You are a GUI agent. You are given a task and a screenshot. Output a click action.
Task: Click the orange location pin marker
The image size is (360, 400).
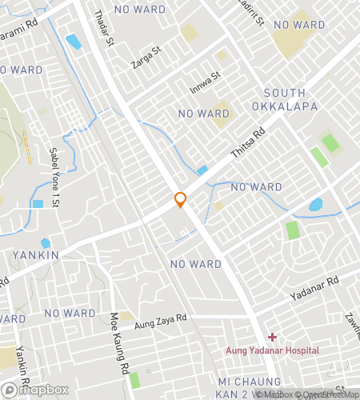click(x=181, y=200)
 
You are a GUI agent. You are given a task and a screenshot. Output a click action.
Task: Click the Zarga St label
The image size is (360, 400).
click(x=146, y=58)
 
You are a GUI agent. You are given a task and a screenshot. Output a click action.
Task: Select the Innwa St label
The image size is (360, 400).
click(x=204, y=81)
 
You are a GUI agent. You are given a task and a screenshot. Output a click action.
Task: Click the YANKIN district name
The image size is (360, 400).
click(x=35, y=255)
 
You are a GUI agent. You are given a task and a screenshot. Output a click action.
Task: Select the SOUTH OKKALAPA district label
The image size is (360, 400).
click(x=285, y=99)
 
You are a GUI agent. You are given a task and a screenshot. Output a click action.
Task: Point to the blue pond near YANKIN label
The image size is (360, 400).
click(x=45, y=243)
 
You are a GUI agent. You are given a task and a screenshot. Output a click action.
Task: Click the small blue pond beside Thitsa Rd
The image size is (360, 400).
click(x=202, y=170)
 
